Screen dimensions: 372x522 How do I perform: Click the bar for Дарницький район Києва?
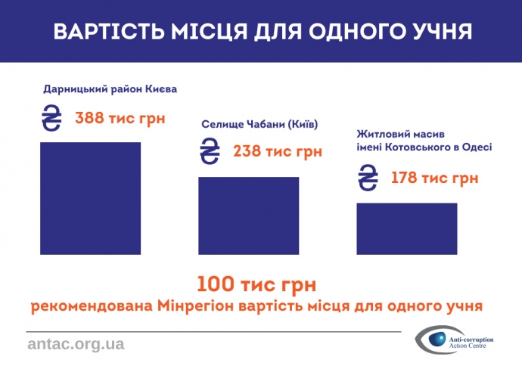click(x=90, y=197)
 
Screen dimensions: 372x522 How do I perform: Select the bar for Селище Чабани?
click(x=248, y=215)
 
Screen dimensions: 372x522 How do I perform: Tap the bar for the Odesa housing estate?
click(x=407, y=228)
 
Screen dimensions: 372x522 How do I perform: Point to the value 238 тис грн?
click(x=278, y=151)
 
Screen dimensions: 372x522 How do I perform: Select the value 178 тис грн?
click(x=434, y=178)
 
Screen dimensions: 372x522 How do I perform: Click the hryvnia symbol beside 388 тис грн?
click(x=52, y=119)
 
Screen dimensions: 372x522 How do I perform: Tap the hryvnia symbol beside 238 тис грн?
click(x=209, y=151)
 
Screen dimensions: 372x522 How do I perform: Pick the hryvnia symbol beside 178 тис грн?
click(x=368, y=178)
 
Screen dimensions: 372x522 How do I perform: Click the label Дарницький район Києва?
click(x=110, y=89)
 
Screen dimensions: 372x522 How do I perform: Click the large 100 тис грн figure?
click(x=256, y=285)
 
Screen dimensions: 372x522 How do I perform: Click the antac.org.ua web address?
click(x=76, y=344)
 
